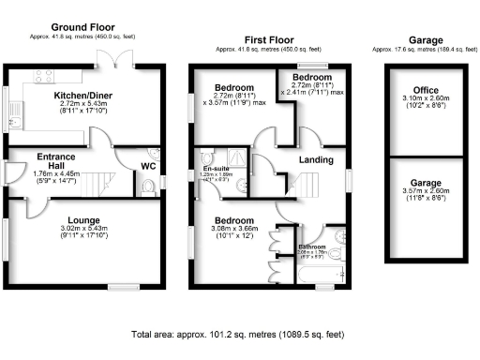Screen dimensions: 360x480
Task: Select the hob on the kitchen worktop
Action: tap(43, 76)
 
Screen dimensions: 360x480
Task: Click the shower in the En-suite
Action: tap(240, 157)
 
